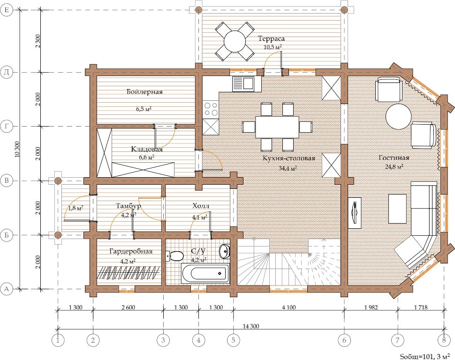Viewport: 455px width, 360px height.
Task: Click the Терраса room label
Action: coord(271,38)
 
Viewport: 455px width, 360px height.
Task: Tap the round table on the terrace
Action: coord(235,41)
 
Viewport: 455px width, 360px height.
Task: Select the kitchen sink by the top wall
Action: coord(243,83)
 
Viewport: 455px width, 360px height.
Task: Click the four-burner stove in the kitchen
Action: coord(211,109)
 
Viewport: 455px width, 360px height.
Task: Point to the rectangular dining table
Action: coord(277,127)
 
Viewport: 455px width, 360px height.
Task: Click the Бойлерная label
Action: coord(144,92)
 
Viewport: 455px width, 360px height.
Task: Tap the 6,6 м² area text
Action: coord(146,157)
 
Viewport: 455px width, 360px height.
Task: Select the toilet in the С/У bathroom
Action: coord(174,256)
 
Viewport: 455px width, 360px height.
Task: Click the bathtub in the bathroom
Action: coord(205,273)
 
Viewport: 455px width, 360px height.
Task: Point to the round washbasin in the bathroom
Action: coord(224,251)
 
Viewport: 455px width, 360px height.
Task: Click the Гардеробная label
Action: coord(131,251)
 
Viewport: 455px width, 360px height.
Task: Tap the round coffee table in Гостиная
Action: coord(398,116)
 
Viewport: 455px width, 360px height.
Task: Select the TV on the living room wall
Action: coord(354,210)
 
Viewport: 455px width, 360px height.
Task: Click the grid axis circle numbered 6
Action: coord(344,340)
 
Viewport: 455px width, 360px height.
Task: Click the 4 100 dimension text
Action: coord(289,307)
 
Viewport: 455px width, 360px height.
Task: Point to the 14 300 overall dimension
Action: coord(250,326)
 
